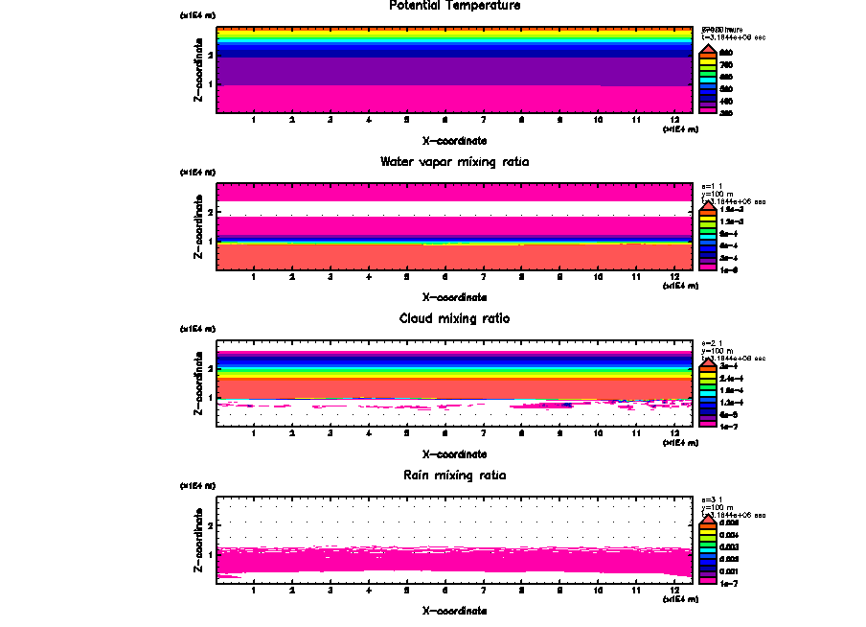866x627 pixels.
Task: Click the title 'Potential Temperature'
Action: pos(455,6)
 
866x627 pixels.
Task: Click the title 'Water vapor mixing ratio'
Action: pos(455,161)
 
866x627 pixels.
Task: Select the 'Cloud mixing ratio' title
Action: pos(455,317)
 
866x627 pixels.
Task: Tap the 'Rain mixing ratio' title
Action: pos(455,475)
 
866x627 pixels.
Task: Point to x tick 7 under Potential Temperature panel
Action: pos(483,120)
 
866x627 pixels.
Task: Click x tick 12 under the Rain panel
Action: pos(674,591)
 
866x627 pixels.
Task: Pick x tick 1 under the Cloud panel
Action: pos(254,433)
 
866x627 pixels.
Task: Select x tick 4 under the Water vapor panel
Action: pos(369,277)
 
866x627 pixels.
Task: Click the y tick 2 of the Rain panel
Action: pos(209,526)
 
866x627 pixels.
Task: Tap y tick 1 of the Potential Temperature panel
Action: pos(209,84)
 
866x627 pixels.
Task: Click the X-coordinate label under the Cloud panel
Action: pos(455,453)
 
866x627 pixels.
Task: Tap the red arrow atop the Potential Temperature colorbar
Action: pos(706,49)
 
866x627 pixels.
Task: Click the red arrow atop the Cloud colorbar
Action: pos(706,364)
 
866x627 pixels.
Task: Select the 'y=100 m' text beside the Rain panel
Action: pos(718,507)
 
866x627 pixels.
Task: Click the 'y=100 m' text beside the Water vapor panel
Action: pos(718,194)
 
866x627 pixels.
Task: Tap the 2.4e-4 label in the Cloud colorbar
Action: pos(728,379)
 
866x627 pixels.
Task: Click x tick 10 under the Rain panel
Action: pos(598,591)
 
